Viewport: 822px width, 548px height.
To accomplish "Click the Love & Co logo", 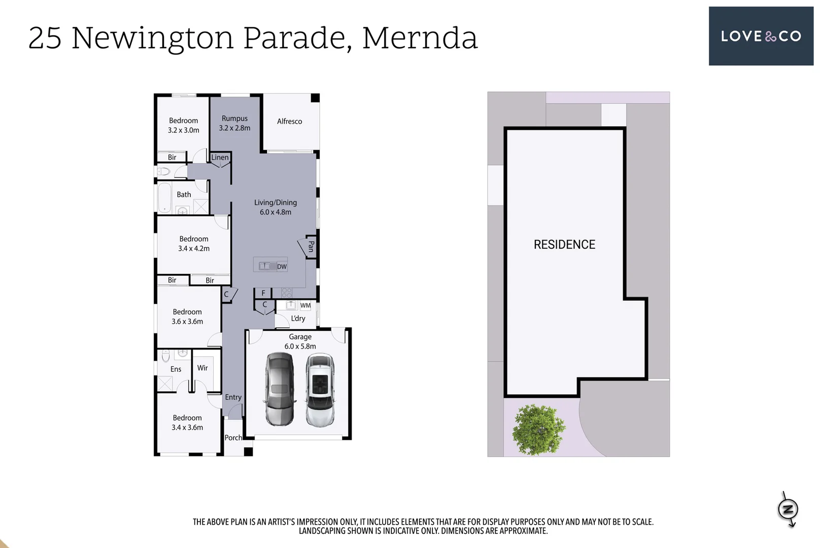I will click(761, 36).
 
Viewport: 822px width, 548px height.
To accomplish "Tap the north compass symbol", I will click(788, 509).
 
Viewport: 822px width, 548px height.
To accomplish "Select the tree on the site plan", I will click(538, 429).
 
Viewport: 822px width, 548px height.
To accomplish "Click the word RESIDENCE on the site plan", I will click(564, 245).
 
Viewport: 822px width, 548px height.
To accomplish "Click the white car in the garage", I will click(320, 390).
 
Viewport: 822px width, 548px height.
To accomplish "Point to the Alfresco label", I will click(289, 121).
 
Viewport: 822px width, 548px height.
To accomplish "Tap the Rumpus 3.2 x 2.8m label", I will click(234, 123).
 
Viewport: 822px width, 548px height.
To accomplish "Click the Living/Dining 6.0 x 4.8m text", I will click(276, 207).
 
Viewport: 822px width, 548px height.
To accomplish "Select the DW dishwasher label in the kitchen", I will click(282, 266).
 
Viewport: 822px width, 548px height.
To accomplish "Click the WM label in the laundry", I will click(305, 305).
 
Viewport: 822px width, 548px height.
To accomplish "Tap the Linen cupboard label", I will click(220, 157).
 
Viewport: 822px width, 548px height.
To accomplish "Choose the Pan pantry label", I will click(311, 247).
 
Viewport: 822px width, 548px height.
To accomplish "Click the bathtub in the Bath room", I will click(164, 197).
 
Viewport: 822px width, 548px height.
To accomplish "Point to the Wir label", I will click(202, 368).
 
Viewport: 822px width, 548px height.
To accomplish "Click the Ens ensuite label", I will click(176, 369).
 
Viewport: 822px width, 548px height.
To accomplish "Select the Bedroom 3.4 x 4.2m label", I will click(193, 244).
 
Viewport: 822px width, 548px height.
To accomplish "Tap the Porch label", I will click(233, 437).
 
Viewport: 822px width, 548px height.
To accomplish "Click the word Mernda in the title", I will click(420, 38).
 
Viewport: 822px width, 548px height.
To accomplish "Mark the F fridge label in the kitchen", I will click(263, 293).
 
